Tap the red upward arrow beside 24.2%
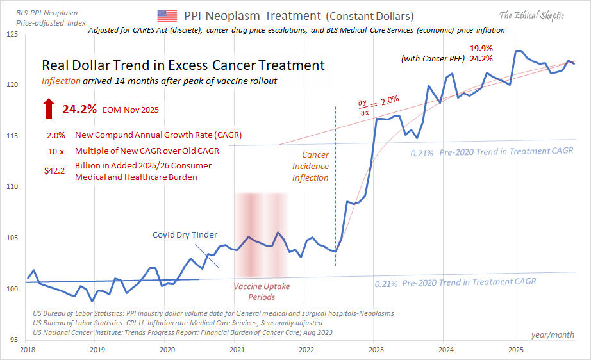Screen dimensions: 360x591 click(x=49, y=109)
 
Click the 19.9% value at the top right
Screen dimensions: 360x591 click(x=481, y=48)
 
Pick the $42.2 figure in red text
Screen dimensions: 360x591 click(x=56, y=166)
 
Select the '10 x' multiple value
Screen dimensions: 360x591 click(x=56, y=151)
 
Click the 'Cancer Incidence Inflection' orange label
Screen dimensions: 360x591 click(x=311, y=167)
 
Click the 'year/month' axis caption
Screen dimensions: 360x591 click(x=552, y=335)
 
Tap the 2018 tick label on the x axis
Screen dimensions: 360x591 click(x=27, y=350)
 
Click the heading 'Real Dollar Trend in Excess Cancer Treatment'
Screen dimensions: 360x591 click(x=183, y=65)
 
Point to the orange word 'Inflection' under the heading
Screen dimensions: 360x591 click(x=61, y=81)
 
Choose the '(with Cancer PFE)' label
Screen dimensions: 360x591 click(x=433, y=59)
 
